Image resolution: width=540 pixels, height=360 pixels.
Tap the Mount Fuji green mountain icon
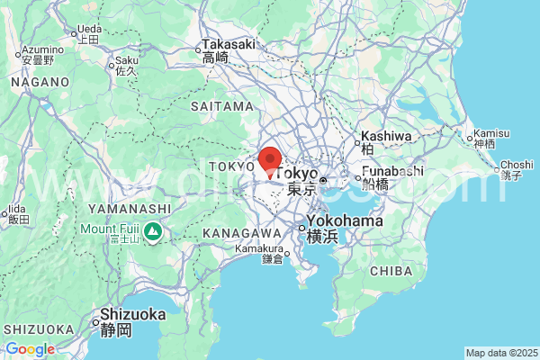(154, 232)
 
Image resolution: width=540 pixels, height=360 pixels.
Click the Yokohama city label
(346, 221)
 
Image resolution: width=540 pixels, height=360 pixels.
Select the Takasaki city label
(229, 44)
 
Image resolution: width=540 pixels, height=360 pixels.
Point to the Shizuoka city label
(133, 315)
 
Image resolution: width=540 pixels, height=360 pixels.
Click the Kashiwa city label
(386, 137)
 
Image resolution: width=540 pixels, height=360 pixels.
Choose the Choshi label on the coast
(517, 165)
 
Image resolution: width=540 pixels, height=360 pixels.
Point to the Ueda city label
(88, 29)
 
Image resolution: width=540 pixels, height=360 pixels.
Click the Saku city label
(126, 62)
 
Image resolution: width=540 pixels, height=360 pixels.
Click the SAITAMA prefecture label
(222, 106)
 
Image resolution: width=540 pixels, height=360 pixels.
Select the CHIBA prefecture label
(391, 270)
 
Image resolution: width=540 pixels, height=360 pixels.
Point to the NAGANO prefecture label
(40, 82)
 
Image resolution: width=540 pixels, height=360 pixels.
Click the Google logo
(30, 349)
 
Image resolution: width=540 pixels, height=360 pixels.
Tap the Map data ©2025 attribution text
(500, 353)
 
